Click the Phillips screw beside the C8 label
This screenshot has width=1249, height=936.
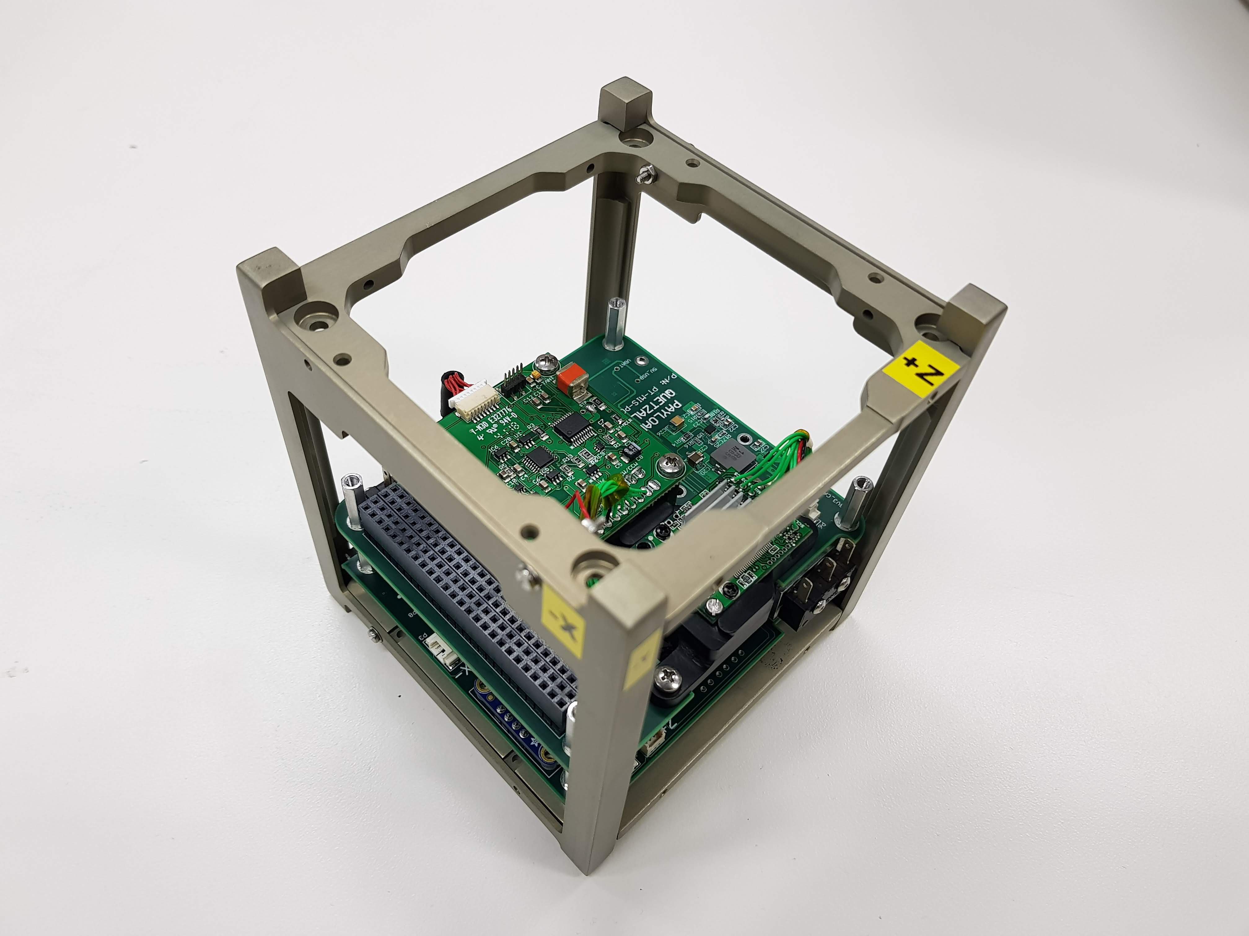click(x=671, y=466)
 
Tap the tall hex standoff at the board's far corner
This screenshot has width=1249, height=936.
click(x=614, y=324)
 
